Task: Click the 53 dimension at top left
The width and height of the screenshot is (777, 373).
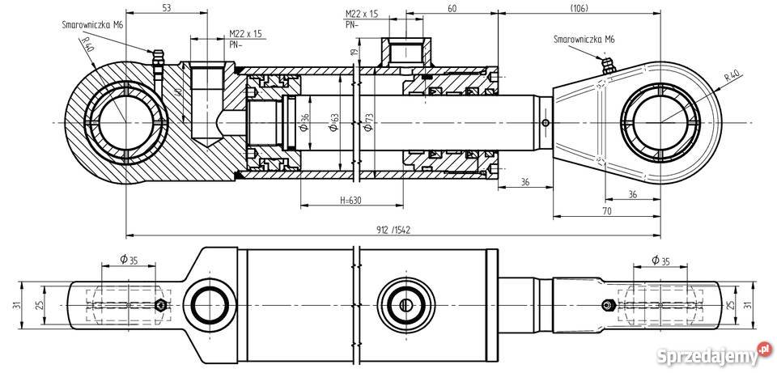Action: [x=166, y=8]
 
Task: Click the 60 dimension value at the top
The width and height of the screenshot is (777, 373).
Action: [x=452, y=8]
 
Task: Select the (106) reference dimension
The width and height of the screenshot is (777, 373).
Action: [x=578, y=8]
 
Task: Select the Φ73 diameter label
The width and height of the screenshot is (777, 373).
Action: [x=369, y=122]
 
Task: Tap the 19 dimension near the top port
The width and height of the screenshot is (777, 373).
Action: [x=354, y=53]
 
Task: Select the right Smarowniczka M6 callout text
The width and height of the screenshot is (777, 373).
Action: [x=584, y=39]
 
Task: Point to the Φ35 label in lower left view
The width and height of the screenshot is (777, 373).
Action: [x=128, y=261]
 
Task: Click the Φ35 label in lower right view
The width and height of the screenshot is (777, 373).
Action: [x=660, y=261]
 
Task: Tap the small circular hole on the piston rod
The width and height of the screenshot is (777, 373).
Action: [x=546, y=122]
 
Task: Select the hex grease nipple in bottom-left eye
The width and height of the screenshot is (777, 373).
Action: [x=160, y=305]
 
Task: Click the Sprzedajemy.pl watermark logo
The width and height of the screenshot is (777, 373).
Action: [x=713, y=353]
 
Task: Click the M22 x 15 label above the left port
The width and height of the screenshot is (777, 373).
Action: [x=245, y=33]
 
